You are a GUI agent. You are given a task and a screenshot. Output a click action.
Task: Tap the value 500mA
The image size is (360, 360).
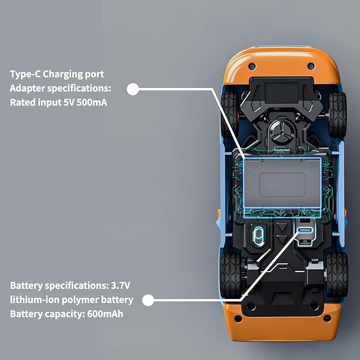[92, 102]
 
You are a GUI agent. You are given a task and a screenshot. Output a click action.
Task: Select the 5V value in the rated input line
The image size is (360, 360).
[69, 102]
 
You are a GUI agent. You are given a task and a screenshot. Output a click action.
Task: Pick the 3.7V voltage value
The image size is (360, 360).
[120, 286]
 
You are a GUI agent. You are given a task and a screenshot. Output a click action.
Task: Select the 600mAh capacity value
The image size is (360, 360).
[105, 314]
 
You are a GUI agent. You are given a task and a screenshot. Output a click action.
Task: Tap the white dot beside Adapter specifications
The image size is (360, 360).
[133, 89]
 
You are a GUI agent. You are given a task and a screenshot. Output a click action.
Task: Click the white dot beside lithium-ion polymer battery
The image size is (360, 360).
[148, 300]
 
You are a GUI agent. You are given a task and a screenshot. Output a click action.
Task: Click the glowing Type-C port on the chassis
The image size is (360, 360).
[305, 230]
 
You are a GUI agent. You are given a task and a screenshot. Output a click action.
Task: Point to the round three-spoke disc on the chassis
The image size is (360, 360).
[282, 133]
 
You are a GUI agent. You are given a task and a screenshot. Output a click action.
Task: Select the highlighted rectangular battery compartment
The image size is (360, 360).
[283, 183]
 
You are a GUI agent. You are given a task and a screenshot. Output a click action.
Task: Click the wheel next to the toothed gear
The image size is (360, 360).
[231, 275]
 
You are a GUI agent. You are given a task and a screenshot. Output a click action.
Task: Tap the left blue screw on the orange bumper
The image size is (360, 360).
[252, 67]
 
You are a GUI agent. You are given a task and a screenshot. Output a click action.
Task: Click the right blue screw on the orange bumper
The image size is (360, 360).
[311, 66]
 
